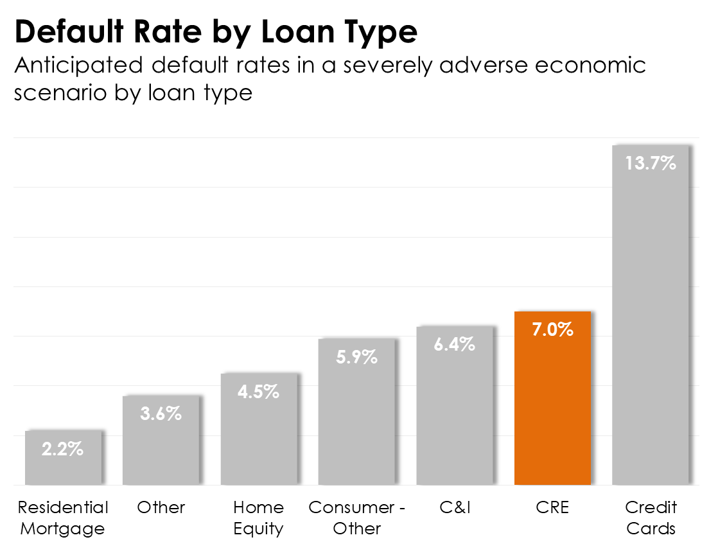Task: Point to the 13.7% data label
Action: tap(651, 163)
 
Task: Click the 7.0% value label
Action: tap(552, 330)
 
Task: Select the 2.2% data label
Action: tap(63, 449)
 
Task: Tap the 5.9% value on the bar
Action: tap(356, 357)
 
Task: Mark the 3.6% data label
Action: tap(161, 414)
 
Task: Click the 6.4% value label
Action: tap(455, 344)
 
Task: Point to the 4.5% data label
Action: tap(259, 392)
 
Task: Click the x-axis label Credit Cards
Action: tap(651, 518)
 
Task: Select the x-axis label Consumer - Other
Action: tap(356, 518)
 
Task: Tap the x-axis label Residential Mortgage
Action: tap(63, 518)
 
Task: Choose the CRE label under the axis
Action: tap(552, 507)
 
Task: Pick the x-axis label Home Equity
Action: tap(259, 518)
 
